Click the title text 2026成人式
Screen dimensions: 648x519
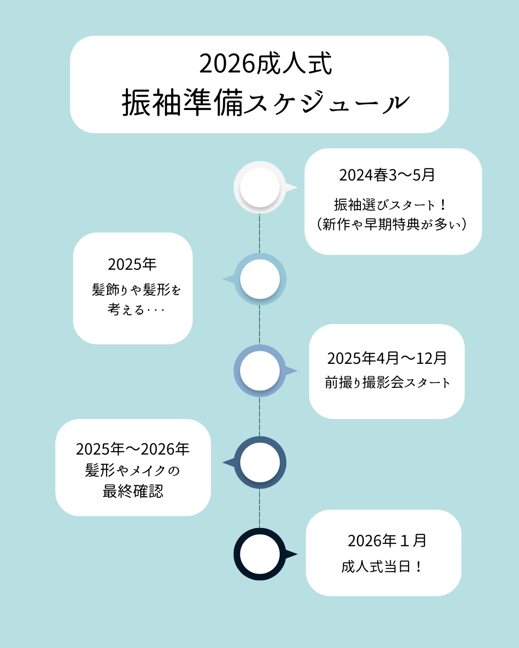coord(265,64)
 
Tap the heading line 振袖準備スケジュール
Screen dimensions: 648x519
coord(265,103)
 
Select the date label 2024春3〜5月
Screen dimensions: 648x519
coord(387,175)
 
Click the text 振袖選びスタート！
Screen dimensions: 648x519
coord(390,205)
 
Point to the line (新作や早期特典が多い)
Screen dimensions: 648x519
coord(392,224)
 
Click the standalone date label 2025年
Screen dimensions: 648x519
coord(132,264)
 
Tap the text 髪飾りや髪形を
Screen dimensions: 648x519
coord(136,290)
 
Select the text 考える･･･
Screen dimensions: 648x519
coord(136,310)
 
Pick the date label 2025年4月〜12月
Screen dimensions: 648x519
coord(387,359)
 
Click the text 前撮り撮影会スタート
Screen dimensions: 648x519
coord(387,383)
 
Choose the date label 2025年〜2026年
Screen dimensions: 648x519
coord(133,449)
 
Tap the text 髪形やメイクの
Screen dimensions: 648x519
coord(133,470)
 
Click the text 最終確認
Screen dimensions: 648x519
coord(133,492)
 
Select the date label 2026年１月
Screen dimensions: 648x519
coord(387,541)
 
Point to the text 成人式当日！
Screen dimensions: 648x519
coord(383,567)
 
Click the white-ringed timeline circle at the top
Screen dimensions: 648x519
coord(260,188)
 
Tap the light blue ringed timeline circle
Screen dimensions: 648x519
coord(260,279)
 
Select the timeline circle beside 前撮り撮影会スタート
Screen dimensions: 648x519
coord(260,371)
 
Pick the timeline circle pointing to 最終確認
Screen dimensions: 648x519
coord(260,463)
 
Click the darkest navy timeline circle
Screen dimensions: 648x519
coord(260,554)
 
